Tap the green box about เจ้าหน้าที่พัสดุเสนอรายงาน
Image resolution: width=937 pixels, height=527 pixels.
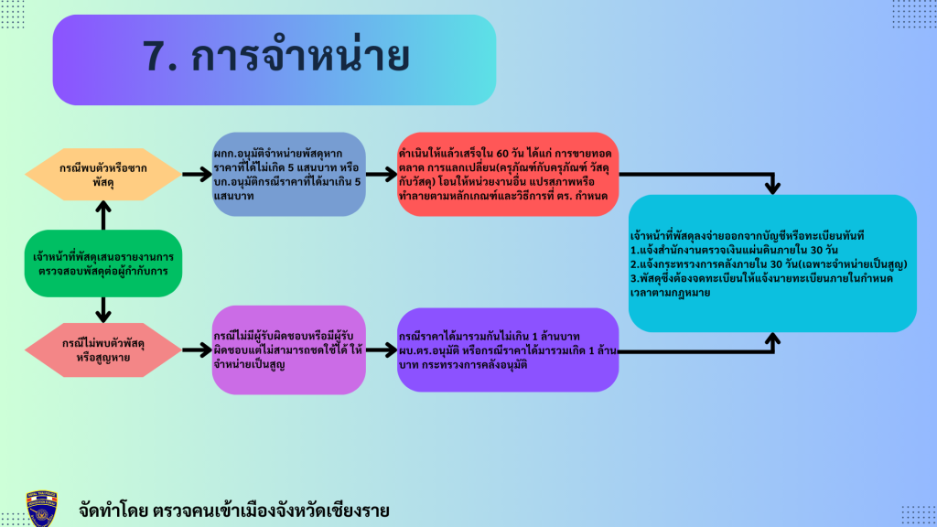tap(102, 263)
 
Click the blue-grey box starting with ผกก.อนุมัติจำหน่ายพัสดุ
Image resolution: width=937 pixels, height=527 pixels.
tap(289, 174)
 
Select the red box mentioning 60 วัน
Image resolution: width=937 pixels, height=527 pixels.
tap(508, 174)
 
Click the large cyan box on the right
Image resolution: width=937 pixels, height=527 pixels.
tap(772, 263)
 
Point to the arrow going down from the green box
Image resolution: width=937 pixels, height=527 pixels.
tap(102, 309)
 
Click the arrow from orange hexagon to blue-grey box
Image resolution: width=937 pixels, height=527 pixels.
tap(194, 173)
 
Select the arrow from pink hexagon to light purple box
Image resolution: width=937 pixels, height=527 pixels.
tap(194, 349)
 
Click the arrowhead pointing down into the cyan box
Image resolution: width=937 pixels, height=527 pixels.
tap(772, 186)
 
